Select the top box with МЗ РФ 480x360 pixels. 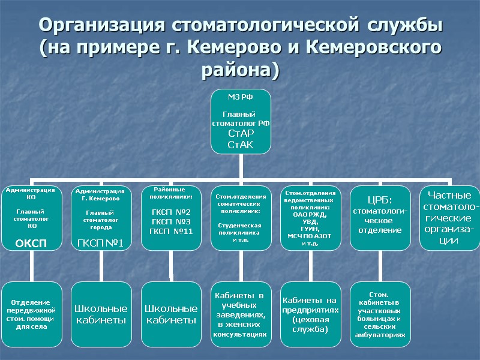240,120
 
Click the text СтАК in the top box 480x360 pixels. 240,145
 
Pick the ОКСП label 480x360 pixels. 32,242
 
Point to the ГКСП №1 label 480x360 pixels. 101,242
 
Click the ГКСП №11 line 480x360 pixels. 171,232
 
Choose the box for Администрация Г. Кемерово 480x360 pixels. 101,217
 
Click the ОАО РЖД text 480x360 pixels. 310,214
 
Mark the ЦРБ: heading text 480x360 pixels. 379,200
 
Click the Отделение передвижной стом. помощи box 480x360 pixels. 32,314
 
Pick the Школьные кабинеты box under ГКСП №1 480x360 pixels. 101,314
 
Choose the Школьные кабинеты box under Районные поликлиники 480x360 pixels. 171,314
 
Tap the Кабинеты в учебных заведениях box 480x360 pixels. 240,314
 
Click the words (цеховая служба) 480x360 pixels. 310,325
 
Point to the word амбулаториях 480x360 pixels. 379,337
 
